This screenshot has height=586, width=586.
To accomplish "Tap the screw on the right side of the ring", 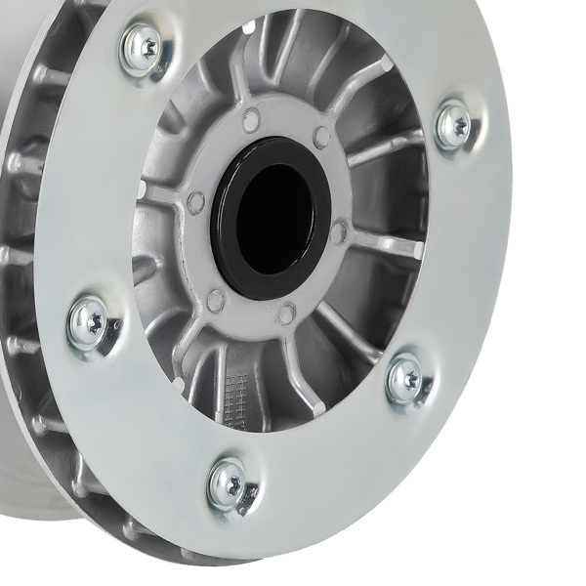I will [454, 125].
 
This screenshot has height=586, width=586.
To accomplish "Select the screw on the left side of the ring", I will [92, 322].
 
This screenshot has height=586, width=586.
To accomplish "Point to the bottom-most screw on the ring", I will [230, 481].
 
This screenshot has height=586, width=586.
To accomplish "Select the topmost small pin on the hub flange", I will [251, 121].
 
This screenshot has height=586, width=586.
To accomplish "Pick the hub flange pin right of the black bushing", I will [339, 231].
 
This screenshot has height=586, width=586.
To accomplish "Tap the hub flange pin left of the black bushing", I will [196, 202].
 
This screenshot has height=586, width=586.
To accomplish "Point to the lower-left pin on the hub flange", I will [216, 300].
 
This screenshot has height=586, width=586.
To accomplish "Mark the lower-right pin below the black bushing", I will [287, 314].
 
